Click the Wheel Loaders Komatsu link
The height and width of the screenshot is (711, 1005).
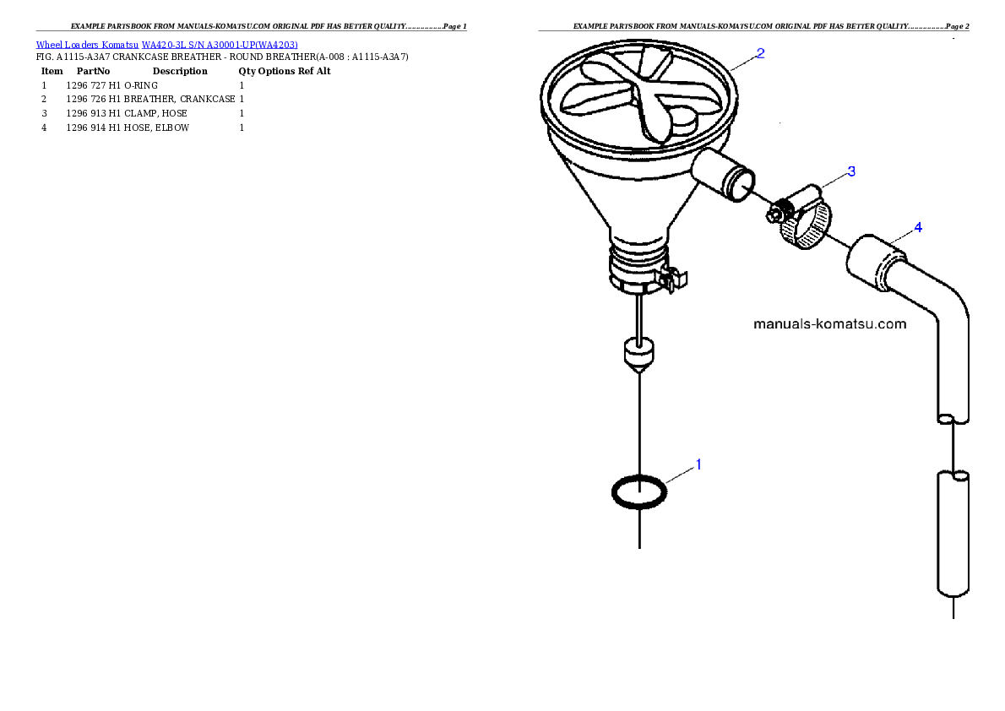tap(87, 45)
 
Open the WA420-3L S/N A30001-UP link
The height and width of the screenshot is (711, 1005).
tap(220, 45)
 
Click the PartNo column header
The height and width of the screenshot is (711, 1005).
tap(93, 71)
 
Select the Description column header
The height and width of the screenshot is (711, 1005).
tap(180, 71)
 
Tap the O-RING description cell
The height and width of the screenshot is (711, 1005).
tap(141, 85)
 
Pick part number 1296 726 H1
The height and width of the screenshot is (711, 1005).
tap(94, 99)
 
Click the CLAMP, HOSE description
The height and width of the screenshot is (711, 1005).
tap(155, 113)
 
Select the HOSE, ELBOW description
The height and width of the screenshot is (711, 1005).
tap(156, 128)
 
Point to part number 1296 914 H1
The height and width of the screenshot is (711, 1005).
tap(94, 128)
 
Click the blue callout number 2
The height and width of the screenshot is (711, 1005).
tap(760, 54)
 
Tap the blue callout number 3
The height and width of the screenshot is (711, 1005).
tap(851, 171)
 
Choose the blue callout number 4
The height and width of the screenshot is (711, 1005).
tap(918, 228)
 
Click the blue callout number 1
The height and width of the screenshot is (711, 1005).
tap(698, 464)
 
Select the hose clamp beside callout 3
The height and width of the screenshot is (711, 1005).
tap(801, 218)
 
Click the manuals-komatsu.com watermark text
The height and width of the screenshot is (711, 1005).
tap(830, 323)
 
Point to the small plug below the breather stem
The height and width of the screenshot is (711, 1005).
tap(639, 355)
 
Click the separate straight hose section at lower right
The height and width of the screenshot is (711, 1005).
tap(953, 534)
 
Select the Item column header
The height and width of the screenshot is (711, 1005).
tap(52, 71)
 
